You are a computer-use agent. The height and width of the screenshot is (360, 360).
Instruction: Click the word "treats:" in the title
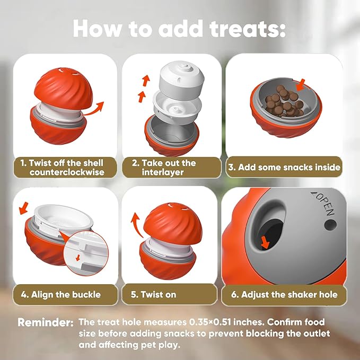[x=248, y=29]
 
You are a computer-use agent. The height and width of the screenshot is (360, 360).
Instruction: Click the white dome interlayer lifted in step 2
[x=182, y=80]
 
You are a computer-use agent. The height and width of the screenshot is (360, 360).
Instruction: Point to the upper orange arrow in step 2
[x=146, y=81]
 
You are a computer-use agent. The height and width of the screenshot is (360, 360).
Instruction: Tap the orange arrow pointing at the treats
[x=301, y=85]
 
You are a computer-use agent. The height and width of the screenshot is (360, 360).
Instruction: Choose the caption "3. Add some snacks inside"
[x=284, y=167]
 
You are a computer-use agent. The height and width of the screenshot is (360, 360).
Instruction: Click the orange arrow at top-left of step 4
[x=24, y=208]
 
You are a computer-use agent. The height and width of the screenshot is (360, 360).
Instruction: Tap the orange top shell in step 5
[x=173, y=223]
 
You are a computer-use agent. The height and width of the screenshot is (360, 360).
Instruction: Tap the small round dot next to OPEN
[x=330, y=225]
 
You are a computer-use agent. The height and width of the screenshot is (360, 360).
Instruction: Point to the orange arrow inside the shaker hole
[x=265, y=243]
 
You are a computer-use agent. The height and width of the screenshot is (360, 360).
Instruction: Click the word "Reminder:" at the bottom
[x=46, y=323]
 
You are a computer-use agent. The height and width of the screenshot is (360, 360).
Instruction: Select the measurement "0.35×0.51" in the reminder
[x=210, y=322]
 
